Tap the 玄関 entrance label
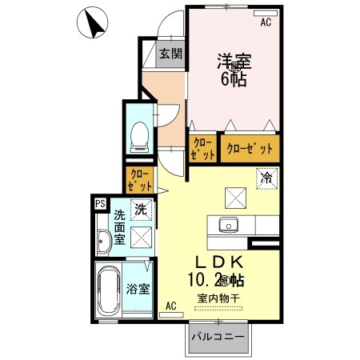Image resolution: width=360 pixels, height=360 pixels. tap(169, 54)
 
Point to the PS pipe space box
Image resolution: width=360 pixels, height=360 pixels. tap(100, 204)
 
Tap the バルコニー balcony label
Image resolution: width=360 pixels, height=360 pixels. tap(218, 338)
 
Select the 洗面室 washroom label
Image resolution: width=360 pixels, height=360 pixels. tap(118, 226)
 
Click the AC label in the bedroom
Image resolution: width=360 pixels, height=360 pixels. tap(266, 22)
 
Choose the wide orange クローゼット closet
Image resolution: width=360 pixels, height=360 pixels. tap(250, 148)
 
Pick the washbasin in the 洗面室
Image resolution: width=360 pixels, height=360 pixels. tap(103, 242)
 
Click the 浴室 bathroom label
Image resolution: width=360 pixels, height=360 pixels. tap(137, 289)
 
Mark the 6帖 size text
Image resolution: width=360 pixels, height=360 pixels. tap(234, 78)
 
